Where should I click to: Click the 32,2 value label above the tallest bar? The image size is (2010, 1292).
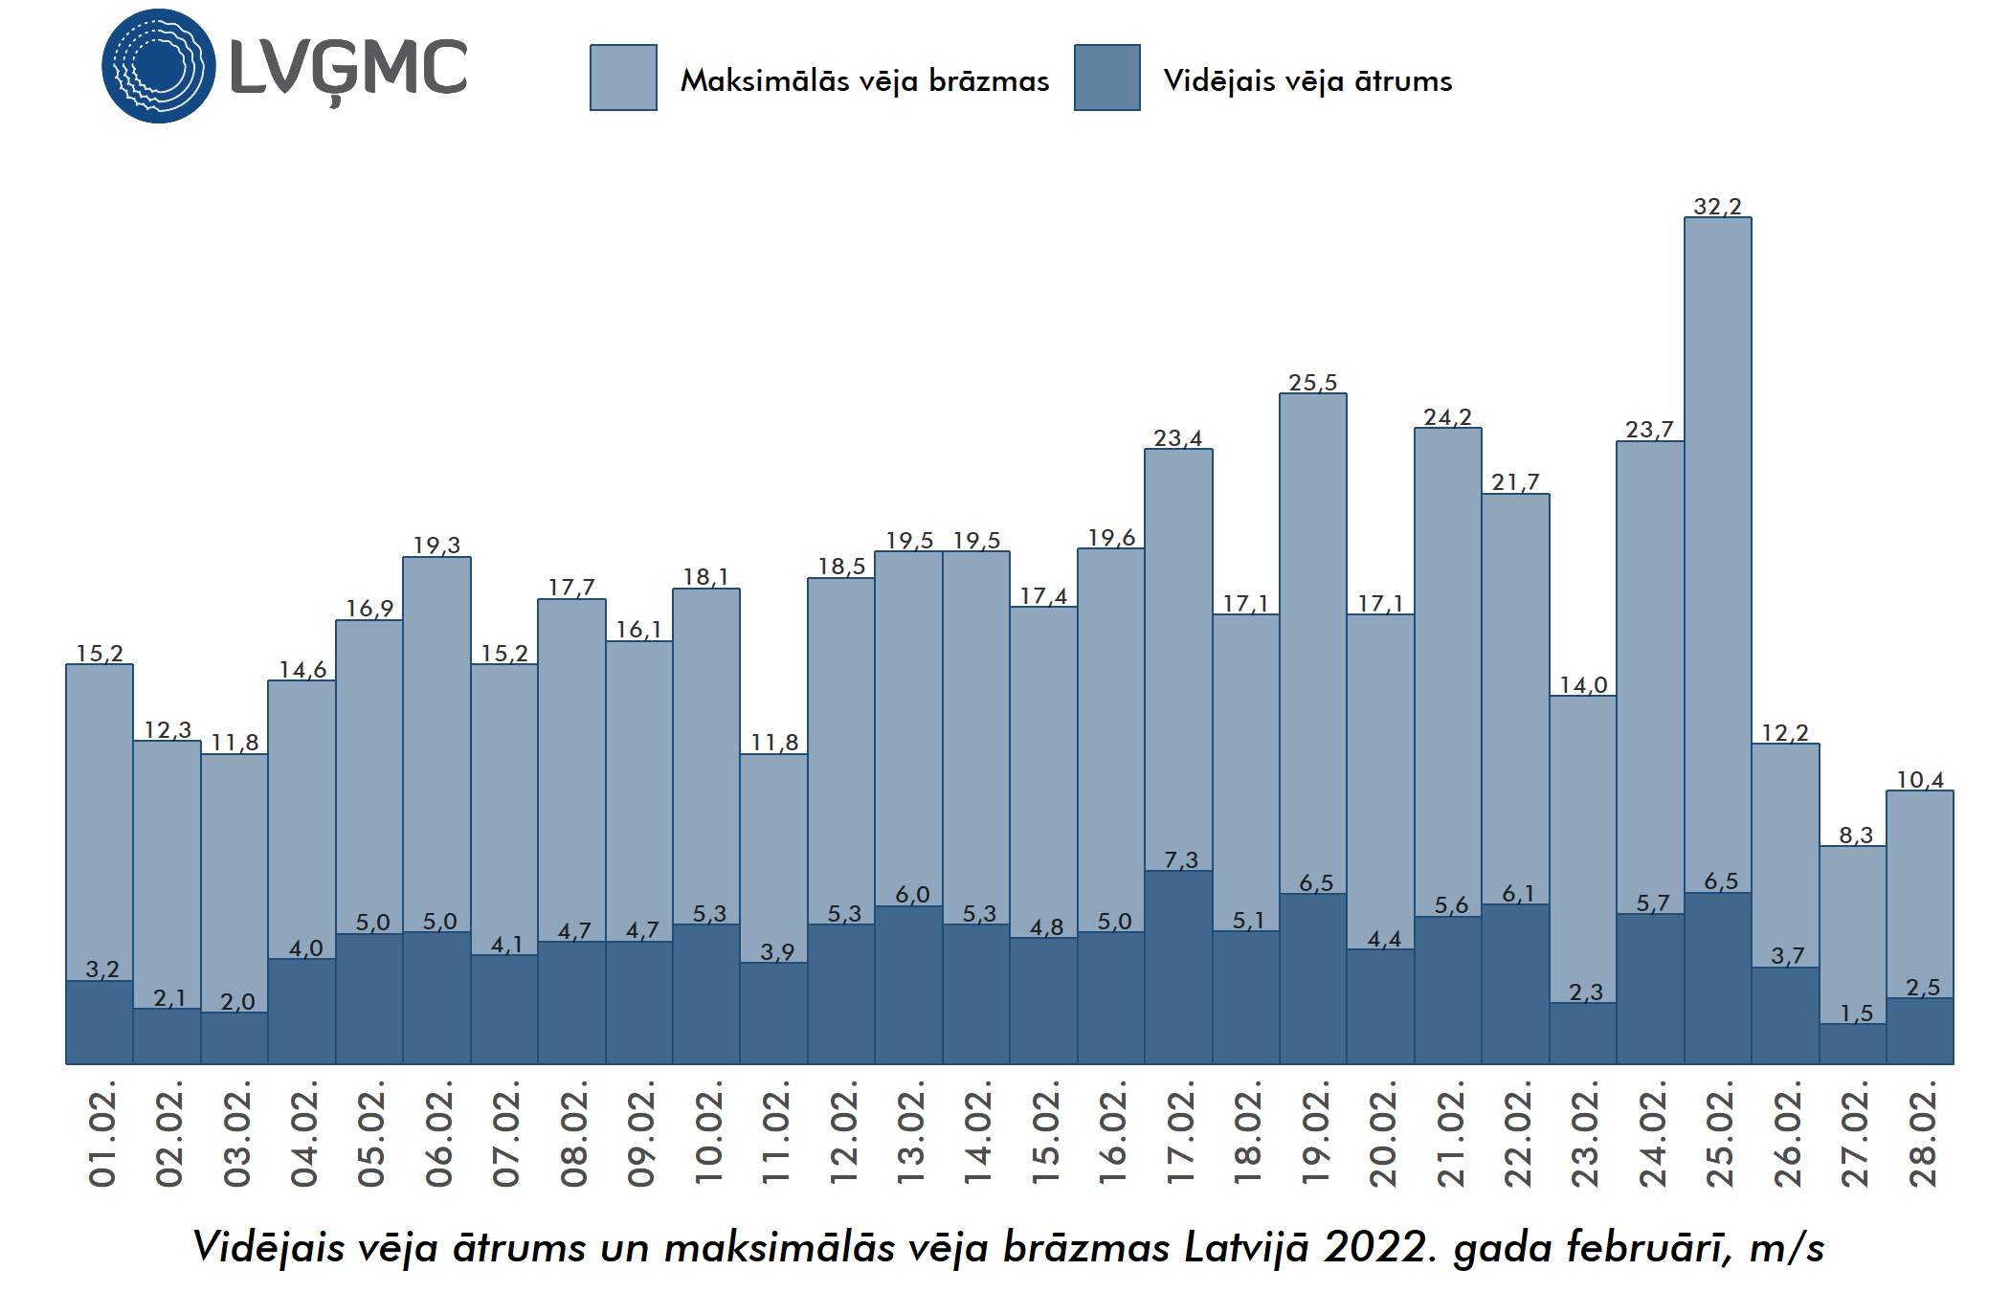[x=1717, y=206]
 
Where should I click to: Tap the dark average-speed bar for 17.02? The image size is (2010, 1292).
[x=1178, y=967]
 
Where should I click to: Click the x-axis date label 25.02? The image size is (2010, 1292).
[x=1719, y=1135]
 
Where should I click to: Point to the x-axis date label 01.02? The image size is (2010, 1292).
[x=101, y=1135]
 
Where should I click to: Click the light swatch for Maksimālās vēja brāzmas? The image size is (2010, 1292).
[x=623, y=78]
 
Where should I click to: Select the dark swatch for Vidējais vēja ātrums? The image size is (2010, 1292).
[x=1106, y=78]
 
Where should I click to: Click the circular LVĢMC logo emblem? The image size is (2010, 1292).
[x=158, y=66]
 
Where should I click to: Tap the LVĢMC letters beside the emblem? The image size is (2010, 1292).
[x=348, y=70]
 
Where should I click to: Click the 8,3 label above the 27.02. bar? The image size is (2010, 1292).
[x=1855, y=835]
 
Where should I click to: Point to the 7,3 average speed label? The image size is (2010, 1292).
[x=1180, y=859]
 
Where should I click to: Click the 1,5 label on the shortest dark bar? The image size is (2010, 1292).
[x=1856, y=1013]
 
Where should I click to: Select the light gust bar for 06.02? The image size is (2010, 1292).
[x=436, y=737]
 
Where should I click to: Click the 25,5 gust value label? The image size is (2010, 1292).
[x=1312, y=382]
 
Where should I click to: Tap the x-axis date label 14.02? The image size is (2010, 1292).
[x=977, y=1135]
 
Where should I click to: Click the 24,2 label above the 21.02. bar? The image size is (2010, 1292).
[x=1447, y=416]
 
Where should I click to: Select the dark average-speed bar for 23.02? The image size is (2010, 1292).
[x=1583, y=1034]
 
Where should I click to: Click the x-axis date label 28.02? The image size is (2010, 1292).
[x=1922, y=1135]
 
